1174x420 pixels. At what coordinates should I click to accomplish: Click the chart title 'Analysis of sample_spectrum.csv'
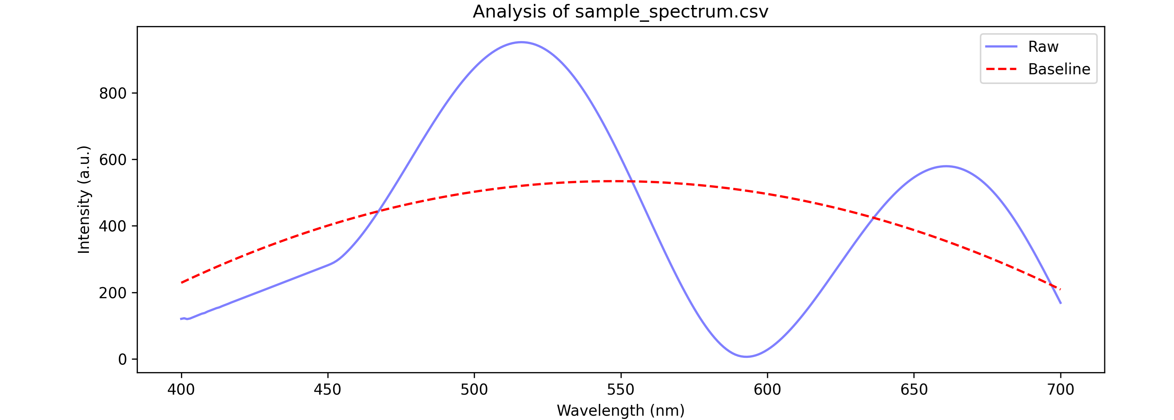pyautogui.click(x=620, y=12)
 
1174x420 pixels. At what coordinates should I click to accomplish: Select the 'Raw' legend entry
pyautogui.click(x=1043, y=46)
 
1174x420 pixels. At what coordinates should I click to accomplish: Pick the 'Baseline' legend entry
pyautogui.click(x=1059, y=69)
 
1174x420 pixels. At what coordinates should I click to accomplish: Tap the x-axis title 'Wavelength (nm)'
pyautogui.click(x=620, y=410)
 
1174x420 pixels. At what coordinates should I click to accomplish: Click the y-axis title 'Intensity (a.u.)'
pyautogui.click(x=84, y=199)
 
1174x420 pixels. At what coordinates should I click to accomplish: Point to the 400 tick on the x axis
pyautogui.click(x=181, y=389)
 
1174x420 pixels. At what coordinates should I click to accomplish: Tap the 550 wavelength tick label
pyautogui.click(x=620, y=389)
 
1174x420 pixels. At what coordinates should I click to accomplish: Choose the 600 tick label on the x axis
pyautogui.click(x=767, y=389)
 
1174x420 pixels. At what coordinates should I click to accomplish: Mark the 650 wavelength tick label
pyautogui.click(x=914, y=389)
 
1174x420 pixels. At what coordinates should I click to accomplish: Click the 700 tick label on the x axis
pyautogui.click(x=1060, y=389)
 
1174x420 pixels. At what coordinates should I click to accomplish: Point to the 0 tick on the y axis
pyautogui.click(x=122, y=359)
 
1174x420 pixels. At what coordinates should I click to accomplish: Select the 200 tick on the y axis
pyautogui.click(x=112, y=293)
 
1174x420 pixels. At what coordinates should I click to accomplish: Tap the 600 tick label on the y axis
pyautogui.click(x=112, y=160)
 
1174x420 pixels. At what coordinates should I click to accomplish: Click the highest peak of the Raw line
pyautogui.click(x=521, y=42)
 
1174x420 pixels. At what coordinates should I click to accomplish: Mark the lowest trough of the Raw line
pyautogui.click(x=746, y=357)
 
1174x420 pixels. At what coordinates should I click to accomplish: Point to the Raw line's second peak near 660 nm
pyautogui.click(x=946, y=166)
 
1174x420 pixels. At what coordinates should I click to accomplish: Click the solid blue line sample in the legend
pyautogui.click(x=1001, y=46)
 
